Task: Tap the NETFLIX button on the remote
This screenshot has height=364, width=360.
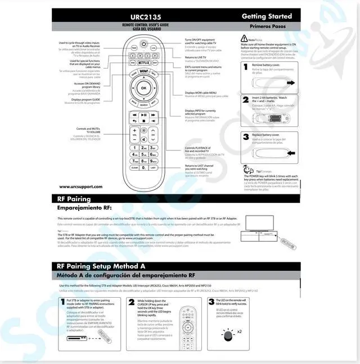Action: click(143, 63)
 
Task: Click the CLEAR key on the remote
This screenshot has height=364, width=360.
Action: click(134, 167)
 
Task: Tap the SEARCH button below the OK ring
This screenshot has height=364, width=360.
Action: click(143, 105)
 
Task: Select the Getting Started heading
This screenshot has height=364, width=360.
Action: click(267, 16)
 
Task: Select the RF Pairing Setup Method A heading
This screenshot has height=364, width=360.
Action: click(101, 266)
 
